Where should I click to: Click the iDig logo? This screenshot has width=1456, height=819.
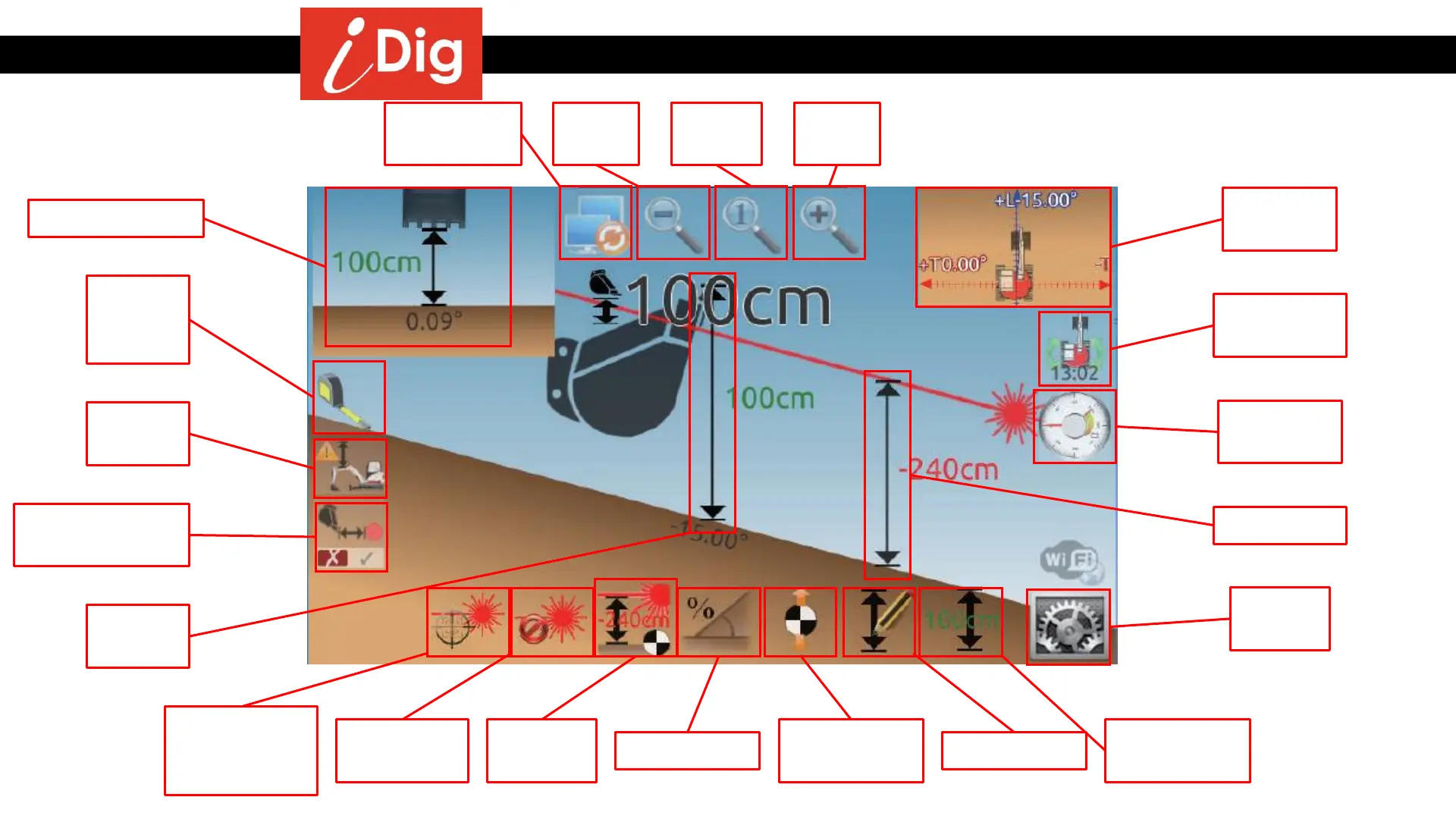(391, 54)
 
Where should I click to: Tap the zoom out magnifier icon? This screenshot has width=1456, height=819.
(673, 223)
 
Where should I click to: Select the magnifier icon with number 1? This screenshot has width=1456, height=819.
(751, 223)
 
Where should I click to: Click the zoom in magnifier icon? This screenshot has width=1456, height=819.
(829, 223)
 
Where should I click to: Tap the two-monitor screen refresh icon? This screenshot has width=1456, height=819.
(595, 224)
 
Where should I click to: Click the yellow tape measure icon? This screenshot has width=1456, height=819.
(349, 397)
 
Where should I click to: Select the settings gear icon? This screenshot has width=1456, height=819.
(1068, 627)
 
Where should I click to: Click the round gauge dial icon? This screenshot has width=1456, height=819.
(1075, 426)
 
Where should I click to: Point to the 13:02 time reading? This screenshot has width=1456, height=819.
(1075, 373)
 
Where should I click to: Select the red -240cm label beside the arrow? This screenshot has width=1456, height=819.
(949, 469)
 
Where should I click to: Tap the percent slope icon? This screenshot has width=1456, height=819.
(718, 622)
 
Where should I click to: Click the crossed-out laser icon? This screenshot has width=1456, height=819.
(552, 622)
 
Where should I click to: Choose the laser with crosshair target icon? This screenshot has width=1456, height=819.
(468, 622)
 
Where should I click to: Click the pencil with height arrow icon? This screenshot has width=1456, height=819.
(880, 622)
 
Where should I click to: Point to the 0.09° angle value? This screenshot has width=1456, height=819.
(433, 322)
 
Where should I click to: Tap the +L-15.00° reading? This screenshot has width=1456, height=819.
(1035, 200)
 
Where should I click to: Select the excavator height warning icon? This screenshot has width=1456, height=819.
(350, 468)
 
